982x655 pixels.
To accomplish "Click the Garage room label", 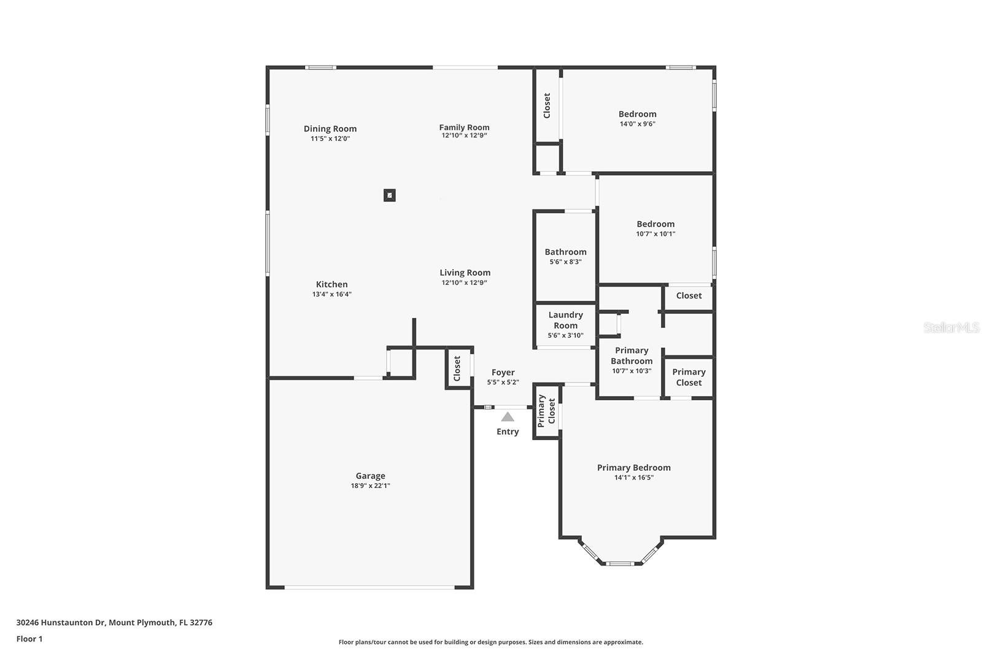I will pyautogui.click(x=370, y=476).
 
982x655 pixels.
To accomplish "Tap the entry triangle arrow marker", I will pyautogui.click(x=508, y=417).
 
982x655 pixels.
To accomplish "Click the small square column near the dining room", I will pyautogui.click(x=390, y=195).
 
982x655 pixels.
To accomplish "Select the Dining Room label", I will pyautogui.click(x=330, y=129).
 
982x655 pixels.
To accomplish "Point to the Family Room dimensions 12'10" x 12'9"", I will pyautogui.click(x=464, y=136).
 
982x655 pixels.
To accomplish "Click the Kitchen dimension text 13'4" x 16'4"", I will pyautogui.click(x=331, y=294).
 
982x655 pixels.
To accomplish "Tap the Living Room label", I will pyautogui.click(x=465, y=273).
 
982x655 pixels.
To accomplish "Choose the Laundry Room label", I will pyautogui.click(x=565, y=320).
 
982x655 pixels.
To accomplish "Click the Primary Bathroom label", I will pyautogui.click(x=632, y=355).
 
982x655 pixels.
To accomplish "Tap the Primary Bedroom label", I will pyautogui.click(x=633, y=468).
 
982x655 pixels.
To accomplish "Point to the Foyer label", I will pyautogui.click(x=503, y=373).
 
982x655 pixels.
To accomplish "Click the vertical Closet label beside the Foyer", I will pyautogui.click(x=457, y=368).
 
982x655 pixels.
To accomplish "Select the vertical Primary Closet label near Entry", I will pyautogui.click(x=546, y=411).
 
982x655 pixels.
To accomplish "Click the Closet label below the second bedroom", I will pyautogui.click(x=689, y=296).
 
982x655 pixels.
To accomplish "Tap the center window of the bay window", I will pyautogui.click(x=620, y=564).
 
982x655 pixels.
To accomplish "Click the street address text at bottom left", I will pyautogui.click(x=114, y=622).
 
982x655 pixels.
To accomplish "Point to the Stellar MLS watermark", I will pyautogui.click(x=951, y=328).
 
